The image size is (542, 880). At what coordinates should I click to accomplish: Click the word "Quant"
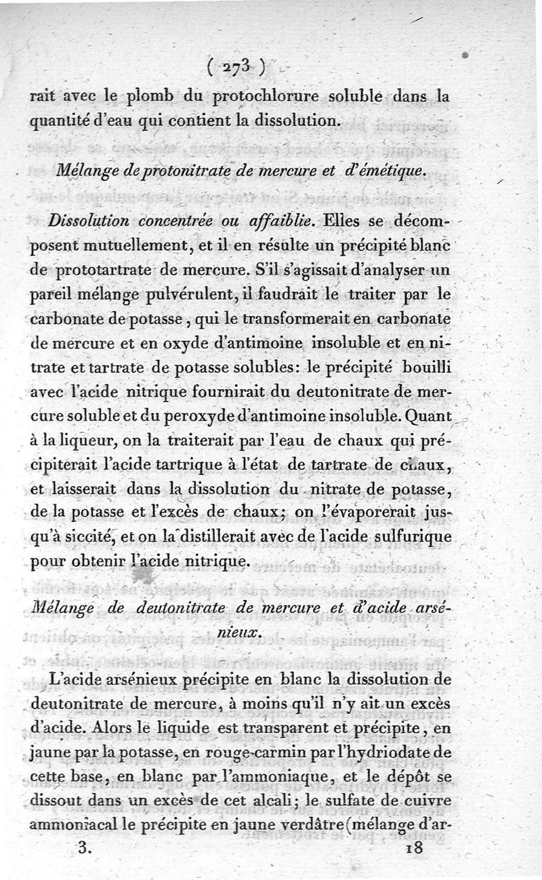(x=430, y=415)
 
